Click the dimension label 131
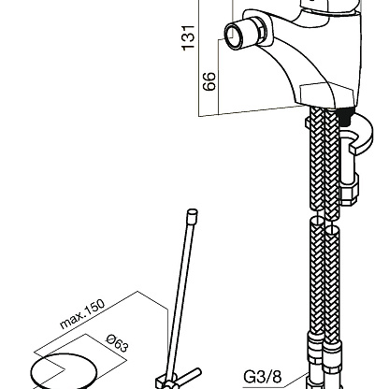pyautogui.click(x=189, y=37)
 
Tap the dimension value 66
pyautogui.click(x=209, y=81)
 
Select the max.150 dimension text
pyautogui.click(x=82, y=314)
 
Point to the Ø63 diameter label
pyautogui.click(x=117, y=343)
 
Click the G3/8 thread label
pyautogui.click(x=263, y=377)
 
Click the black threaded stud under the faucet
pyautogui.click(x=346, y=116)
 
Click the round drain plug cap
pyautogui.click(x=64, y=371)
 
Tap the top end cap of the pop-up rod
pyautogui.click(x=192, y=215)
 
